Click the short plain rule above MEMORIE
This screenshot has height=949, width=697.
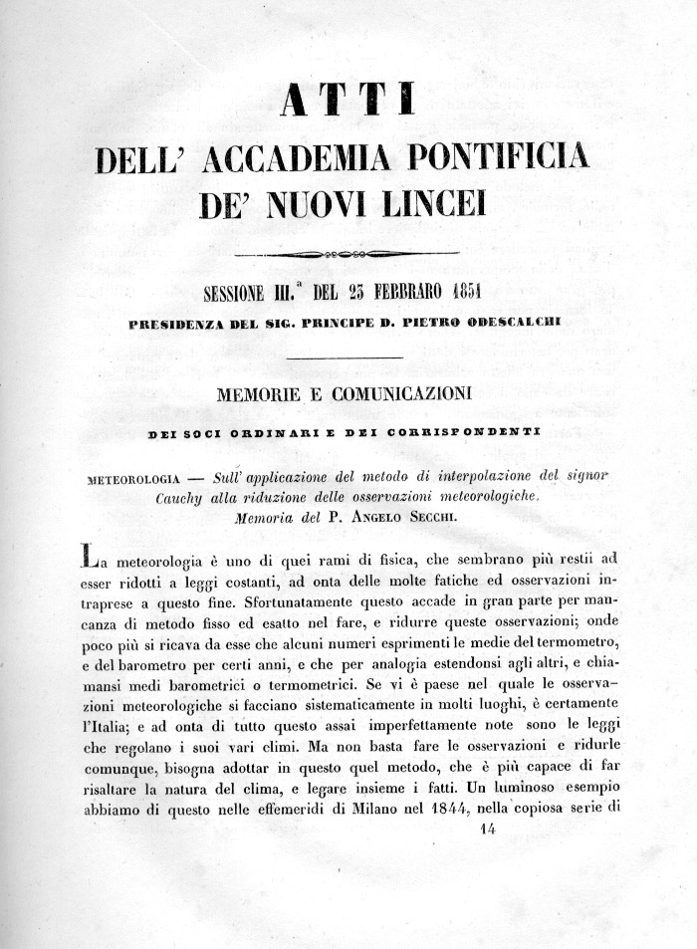click(x=348, y=358)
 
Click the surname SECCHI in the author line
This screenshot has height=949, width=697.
click(x=433, y=517)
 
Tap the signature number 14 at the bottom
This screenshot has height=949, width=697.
click(x=487, y=828)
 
